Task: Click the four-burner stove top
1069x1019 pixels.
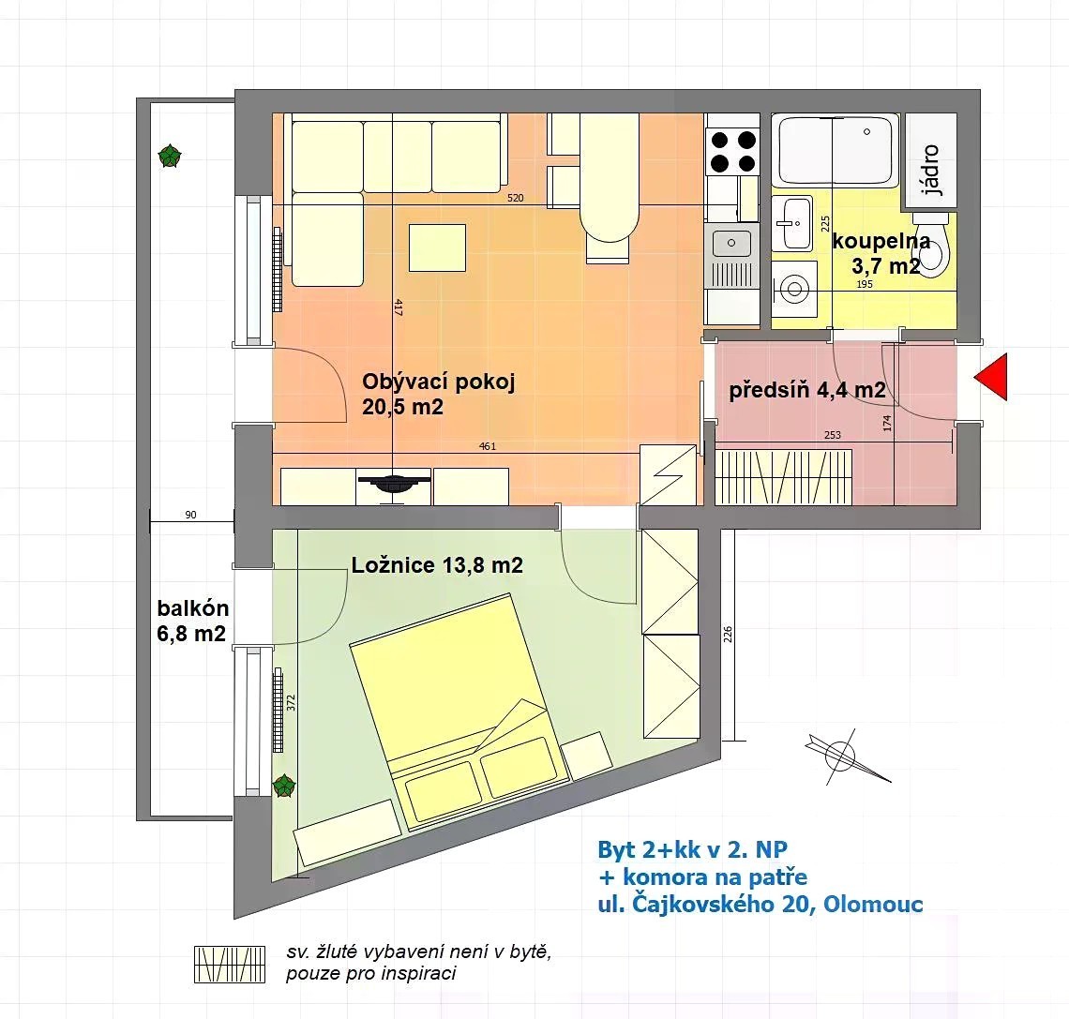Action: click(x=733, y=151)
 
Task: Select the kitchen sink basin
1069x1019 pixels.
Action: click(x=731, y=244)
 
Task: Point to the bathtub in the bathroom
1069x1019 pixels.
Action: click(x=836, y=151)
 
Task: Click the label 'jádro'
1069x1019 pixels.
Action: click(x=930, y=171)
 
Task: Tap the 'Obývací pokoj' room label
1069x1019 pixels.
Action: click(x=438, y=381)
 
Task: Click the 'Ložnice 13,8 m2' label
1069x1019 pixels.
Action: click(x=437, y=565)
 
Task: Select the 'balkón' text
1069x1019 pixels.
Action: click(x=193, y=608)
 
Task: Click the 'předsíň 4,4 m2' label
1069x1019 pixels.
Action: click(x=807, y=390)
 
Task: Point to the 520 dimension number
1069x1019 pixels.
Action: click(x=516, y=199)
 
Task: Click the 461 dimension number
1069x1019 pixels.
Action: click(x=488, y=446)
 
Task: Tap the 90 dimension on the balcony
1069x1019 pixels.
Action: click(x=191, y=516)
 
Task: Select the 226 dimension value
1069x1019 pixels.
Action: click(x=728, y=635)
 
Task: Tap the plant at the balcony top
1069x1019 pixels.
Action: click(x=170, y=157)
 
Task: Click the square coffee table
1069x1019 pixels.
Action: click(x=437, y=248)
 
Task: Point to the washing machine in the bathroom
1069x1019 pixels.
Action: click(x=794, y=289)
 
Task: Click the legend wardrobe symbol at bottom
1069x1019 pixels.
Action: click(x=229, y=965)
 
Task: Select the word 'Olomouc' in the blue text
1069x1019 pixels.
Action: click(x=873, y=905)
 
